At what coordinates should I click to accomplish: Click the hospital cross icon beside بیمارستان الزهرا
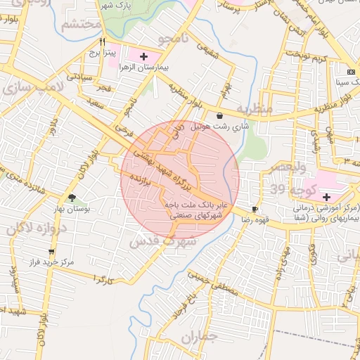tap(144, 56)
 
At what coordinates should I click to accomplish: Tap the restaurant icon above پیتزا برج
tap(103, 41)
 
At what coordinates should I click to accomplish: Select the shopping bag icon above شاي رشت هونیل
tap(221, 116)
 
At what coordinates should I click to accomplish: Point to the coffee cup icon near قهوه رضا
tap(255, 209)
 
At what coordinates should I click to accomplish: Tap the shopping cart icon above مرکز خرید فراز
tap(51, 251)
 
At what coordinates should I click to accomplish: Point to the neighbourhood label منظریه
tap(253, 110)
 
